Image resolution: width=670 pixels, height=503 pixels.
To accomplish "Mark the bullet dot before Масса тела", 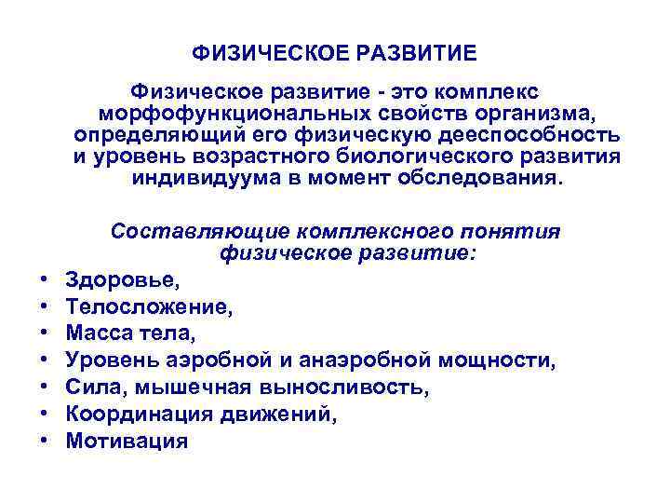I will point(44,333).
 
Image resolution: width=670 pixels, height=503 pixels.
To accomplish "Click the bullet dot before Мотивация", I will point(44,441).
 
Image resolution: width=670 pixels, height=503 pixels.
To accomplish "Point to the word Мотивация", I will point(127,441).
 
